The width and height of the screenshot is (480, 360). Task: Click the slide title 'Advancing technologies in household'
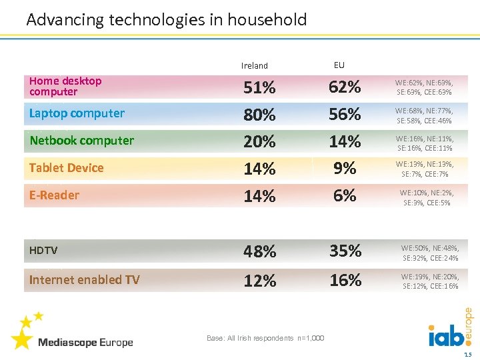coord(166,20)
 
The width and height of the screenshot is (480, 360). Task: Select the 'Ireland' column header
coord(254,66)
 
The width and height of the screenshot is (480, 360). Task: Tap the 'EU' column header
coord(339,65)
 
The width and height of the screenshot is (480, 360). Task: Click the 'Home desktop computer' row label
coord(65,86)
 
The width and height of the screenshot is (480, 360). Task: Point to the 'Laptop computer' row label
coord(77,113)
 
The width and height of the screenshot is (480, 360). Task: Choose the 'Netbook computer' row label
coord(81,141)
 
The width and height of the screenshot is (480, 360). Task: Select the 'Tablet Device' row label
coord(66,168)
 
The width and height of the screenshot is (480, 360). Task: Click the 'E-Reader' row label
coord(54,195)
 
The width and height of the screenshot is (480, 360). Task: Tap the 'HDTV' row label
coord(43,251)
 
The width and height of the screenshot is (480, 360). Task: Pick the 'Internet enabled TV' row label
coord(84,280)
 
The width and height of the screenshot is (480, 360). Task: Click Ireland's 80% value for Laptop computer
coord(259,115)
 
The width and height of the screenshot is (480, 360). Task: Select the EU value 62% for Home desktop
coord(345,87)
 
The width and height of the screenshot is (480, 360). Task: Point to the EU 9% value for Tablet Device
coord(345,169)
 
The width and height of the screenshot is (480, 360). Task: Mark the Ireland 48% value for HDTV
coord(259,252)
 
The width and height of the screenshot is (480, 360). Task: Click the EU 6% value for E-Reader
coord(345,196)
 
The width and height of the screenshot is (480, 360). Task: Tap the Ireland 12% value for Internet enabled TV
coord(259,281)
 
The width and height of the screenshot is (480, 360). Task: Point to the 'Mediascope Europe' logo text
coord(85,343)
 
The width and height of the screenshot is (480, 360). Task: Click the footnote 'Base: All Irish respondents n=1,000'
coord(265,339)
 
